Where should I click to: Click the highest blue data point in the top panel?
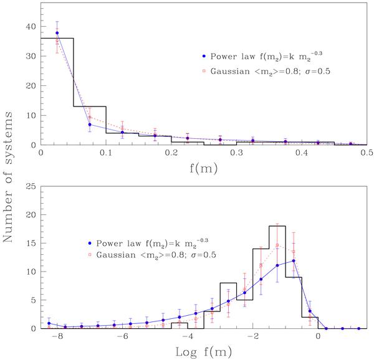pyautogui.click(x=57, y=33)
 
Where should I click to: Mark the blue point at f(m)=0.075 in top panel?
pyautogui.click(x=90, y=125)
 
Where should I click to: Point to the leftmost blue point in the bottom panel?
pyautogui.click(x=49, y=323)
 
